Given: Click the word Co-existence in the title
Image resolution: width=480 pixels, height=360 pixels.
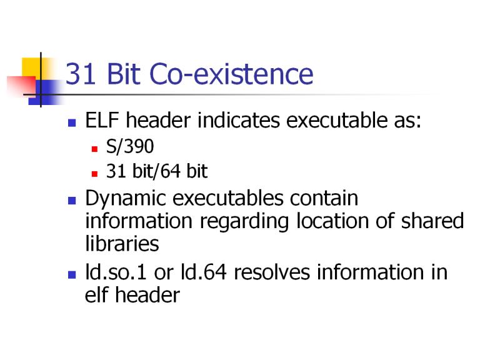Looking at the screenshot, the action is pos(231,74).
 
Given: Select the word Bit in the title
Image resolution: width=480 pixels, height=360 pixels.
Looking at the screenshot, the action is pos(124,74).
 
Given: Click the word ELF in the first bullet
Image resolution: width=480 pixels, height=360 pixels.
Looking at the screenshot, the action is pos(102,120).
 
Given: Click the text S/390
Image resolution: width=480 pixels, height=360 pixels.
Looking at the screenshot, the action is pos(130,146).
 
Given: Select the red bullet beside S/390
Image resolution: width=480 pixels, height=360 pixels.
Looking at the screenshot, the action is pos(94,149).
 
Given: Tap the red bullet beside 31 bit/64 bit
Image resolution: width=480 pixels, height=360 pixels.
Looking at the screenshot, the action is pos(94,174).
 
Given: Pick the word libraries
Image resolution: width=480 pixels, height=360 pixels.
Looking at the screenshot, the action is pos(122,243).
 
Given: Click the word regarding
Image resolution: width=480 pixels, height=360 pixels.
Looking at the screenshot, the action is pos(244,222).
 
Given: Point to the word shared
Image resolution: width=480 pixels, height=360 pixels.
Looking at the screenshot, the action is pos(432,221).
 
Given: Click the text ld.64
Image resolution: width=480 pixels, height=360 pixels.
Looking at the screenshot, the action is pos(204,272).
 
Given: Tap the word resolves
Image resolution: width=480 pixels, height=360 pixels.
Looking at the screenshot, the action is pos(272,272).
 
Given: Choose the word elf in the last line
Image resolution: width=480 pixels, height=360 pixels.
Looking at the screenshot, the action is pos(96,294).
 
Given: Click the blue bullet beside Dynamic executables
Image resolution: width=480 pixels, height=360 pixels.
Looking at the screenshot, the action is pos(72,201).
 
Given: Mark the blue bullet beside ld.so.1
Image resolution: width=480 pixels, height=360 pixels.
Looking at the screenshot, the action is pos(72,274).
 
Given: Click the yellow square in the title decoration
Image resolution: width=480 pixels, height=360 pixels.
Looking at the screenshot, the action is pos(31,67).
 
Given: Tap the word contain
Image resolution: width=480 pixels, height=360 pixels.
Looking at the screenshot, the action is pos(324,198).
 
